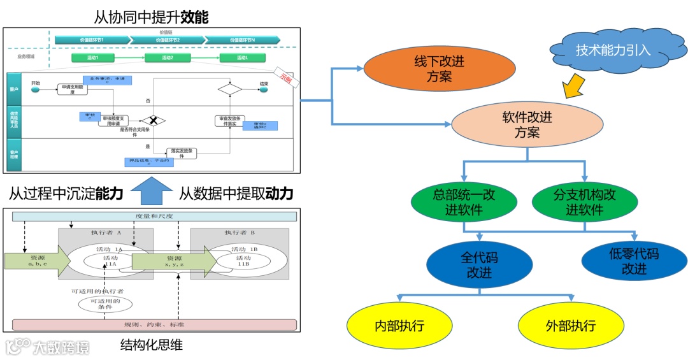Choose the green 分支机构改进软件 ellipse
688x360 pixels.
click(584, 202)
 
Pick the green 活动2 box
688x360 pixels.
click(168, 58)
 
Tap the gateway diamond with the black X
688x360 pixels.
click(153, 120)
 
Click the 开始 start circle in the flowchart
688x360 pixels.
click(35, 89)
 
